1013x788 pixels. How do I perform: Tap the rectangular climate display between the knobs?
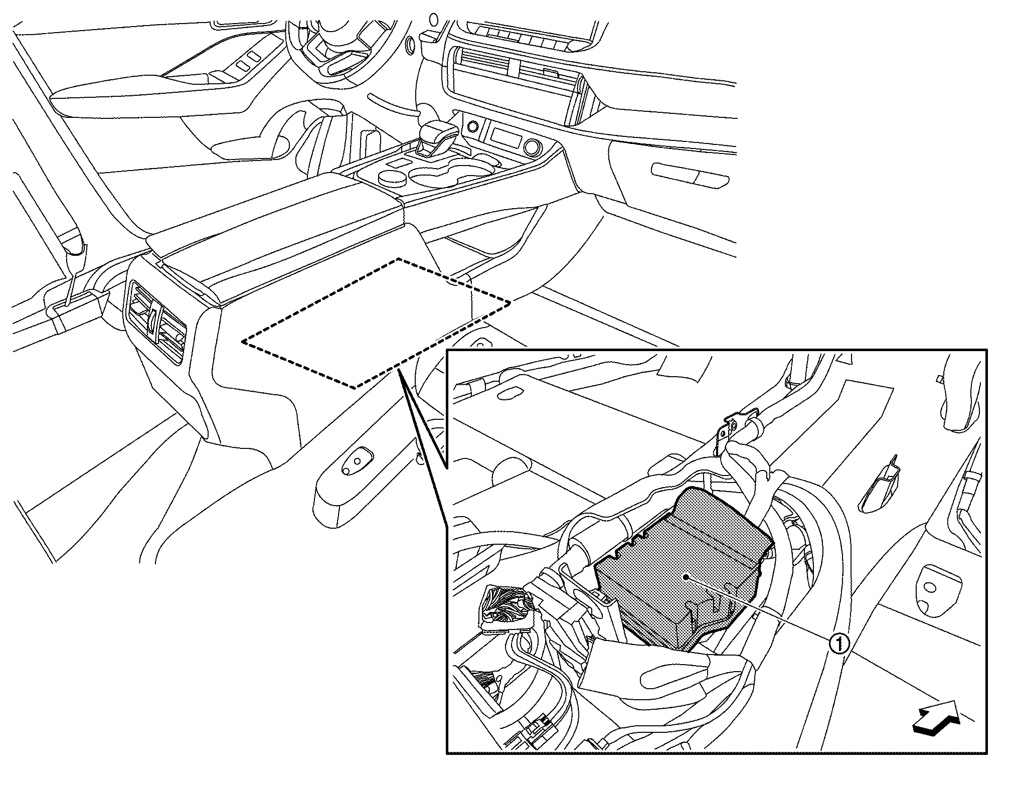point(502,136)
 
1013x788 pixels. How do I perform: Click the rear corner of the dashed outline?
point(398,259)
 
